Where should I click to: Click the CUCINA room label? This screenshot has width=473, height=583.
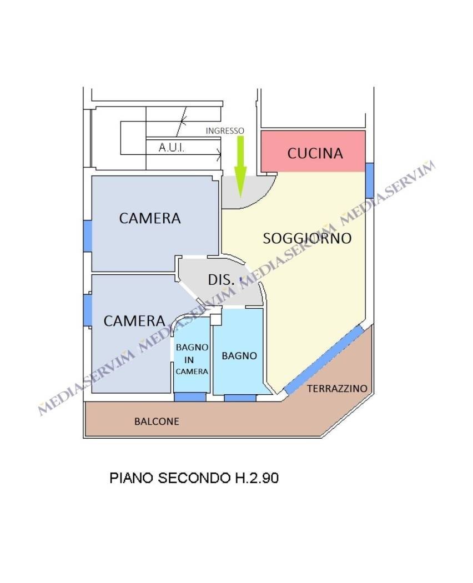(315, 153)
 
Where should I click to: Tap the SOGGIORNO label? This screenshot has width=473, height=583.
(307, 238)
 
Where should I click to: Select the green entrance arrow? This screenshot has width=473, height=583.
(240, 167)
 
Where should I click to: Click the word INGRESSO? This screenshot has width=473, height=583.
(225, 131)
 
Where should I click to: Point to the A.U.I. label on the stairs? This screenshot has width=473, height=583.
(172, 148)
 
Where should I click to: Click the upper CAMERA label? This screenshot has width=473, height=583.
(150, 218)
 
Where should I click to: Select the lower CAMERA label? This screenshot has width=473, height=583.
(134, 321)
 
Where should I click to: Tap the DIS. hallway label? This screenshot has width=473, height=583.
(222, 280)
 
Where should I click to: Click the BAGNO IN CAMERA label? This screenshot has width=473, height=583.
(192, 359)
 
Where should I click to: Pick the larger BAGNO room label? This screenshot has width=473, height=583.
(239, 356)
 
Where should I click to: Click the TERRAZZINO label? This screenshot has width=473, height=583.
(338, 389)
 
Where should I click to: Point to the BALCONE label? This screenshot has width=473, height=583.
(157, 421)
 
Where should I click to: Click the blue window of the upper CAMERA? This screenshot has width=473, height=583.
(87, 236)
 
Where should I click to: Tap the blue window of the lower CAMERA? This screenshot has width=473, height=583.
(87, 310)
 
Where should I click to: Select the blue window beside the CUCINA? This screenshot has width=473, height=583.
(369, 180)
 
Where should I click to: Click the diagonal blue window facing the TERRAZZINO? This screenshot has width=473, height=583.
(324, 360)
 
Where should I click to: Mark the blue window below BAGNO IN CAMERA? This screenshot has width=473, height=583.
(190, 397)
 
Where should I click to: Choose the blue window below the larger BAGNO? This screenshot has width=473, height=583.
(240, 398)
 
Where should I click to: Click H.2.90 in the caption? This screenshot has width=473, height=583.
(256, 478)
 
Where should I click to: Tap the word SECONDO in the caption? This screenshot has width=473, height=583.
(194, 478)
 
